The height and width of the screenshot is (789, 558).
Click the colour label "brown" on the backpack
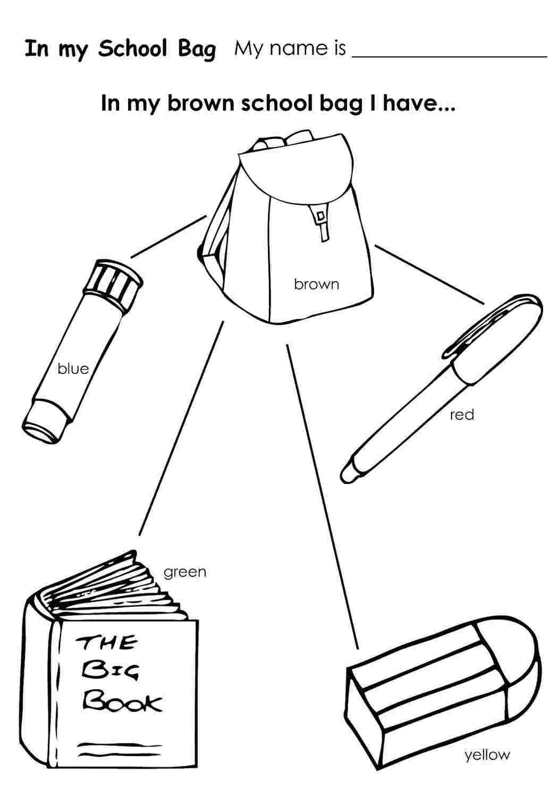tap(316, 284)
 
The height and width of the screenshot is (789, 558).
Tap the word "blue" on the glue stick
tap(73, 368)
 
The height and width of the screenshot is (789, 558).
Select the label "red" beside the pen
tap(462, 414)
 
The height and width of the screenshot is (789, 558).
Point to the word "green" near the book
tap(185, 572)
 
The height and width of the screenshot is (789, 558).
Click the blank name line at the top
tap(450, 56)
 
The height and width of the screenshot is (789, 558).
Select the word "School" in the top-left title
tap(132, 49)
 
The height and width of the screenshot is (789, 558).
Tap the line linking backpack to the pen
tap(429, 274)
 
